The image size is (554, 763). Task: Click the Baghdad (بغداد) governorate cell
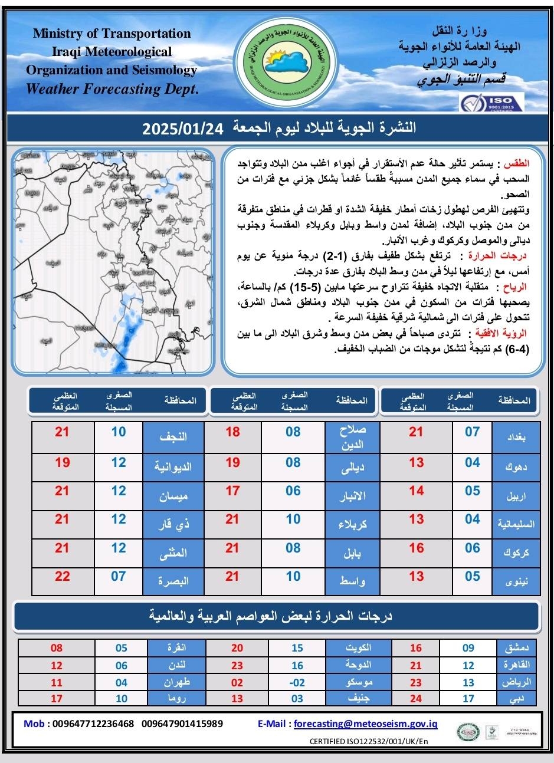pos(516,437)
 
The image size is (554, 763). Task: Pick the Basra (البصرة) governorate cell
pos(173,581)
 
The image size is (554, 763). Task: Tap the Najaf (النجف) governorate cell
pos(173,437)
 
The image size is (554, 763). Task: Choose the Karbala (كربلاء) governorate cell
pos(352,524)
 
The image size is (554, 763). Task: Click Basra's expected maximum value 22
pos(63,576)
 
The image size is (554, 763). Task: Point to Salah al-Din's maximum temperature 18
pos(233,432)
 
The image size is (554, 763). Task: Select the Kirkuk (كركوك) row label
pos(516,553)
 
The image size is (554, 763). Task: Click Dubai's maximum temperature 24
pos(416,699)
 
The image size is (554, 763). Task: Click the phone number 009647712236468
pos(93,723)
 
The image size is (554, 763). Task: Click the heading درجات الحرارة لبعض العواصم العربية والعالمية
pos(277,616)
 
